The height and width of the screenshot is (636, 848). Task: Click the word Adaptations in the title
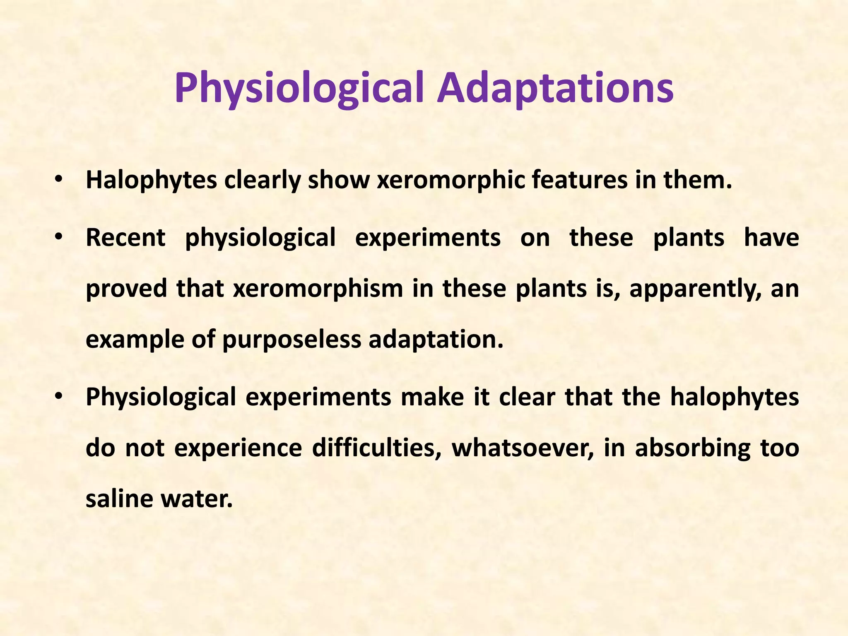point(555,88)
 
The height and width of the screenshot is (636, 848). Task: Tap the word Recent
point(125,238)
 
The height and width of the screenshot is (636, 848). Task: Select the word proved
point(126,289)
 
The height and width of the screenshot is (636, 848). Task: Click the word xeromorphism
point(318,288)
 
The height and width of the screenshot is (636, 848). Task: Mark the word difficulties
point(376,448)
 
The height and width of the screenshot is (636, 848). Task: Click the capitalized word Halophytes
point(151,181)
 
